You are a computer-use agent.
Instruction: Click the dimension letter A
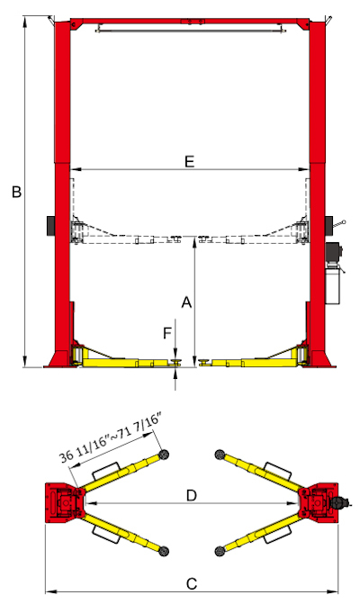click(187, 303)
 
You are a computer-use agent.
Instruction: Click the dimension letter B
click(15, 192)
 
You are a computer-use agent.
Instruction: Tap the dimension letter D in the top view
click(191, 495)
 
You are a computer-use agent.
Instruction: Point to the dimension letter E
click(189, 162)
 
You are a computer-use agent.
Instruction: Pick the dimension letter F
click(167, 334)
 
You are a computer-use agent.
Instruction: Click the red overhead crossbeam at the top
click(190, 21)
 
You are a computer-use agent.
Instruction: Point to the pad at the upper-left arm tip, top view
click(164, 454)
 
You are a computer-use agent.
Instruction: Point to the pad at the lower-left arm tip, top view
click(164, 548)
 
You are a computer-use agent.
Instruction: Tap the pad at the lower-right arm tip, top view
click(219, 548)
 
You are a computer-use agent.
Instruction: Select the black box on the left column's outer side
click(49, 223)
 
